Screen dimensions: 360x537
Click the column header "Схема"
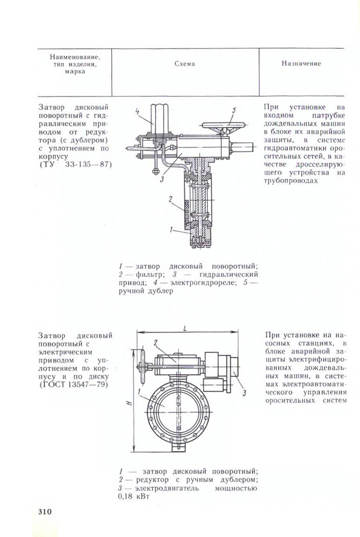[x=185, y=64]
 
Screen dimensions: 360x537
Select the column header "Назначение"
[x=301, y=63]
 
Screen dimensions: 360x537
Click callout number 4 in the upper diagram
[x=137, y=112]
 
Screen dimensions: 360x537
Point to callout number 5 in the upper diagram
[x=234, y=111]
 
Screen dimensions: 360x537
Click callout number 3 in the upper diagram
[x=162, y=179]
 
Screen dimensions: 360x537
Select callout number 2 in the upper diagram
[x=170, y=199]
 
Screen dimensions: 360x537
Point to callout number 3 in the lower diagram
[x=244, y=393]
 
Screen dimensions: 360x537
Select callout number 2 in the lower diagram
[x=155, y=342]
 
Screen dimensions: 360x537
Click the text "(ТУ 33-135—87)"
[x=76, y=164]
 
